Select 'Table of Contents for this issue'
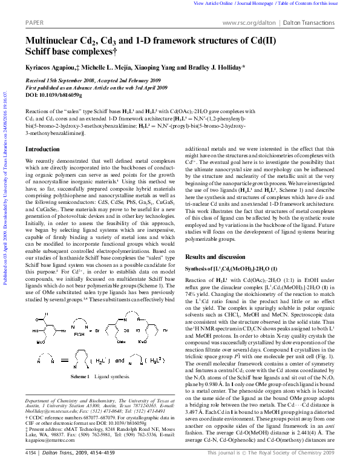(317, 4)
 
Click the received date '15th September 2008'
(73, 81)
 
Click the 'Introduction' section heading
(42, 149)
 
